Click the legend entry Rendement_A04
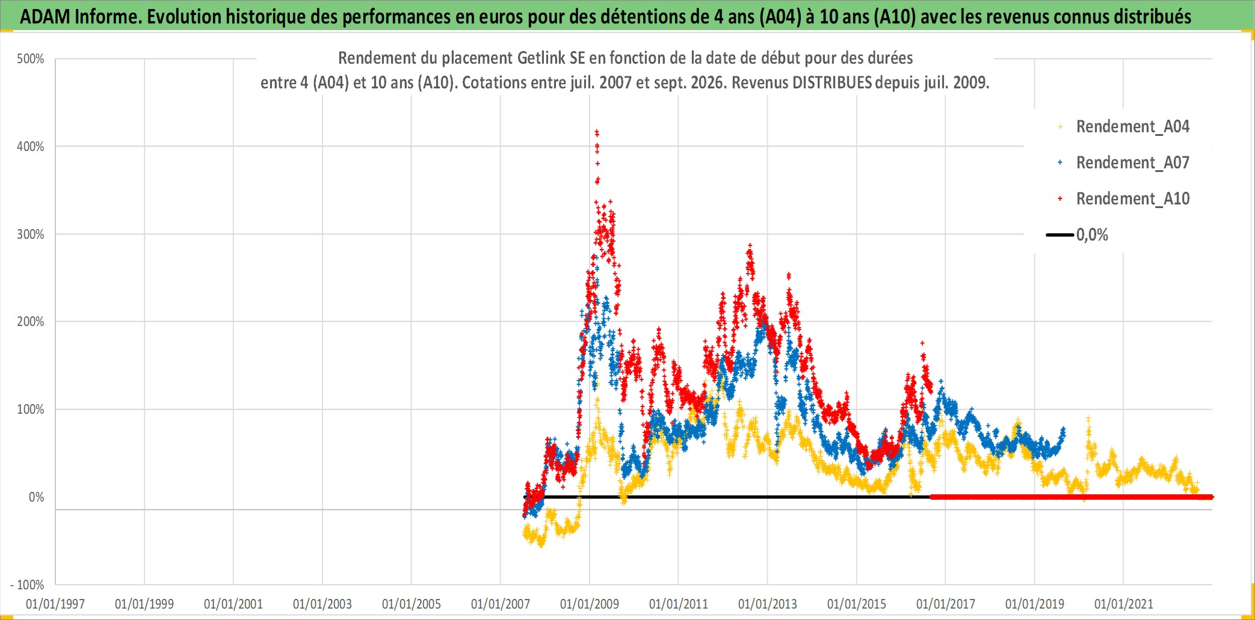coord(1123,126)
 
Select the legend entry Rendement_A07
coord(1123,162)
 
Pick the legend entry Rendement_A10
coord(1123,198)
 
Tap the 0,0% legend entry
coord(1077,235)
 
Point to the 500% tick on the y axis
coord(30,59)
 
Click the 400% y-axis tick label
coord(30,146)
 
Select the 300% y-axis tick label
coord(30,234)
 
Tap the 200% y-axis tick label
coord(30,321)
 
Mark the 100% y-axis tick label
coord(30,409)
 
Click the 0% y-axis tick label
coord(36,497)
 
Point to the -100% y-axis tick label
coord(27,585)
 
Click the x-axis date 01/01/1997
coord(55,604)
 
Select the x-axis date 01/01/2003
coord(322,604)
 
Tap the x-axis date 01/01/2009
coord(590,604)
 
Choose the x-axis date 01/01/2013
coord(768,604)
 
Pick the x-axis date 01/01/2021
coord(1124,604)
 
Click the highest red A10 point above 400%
coord(596,131)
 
